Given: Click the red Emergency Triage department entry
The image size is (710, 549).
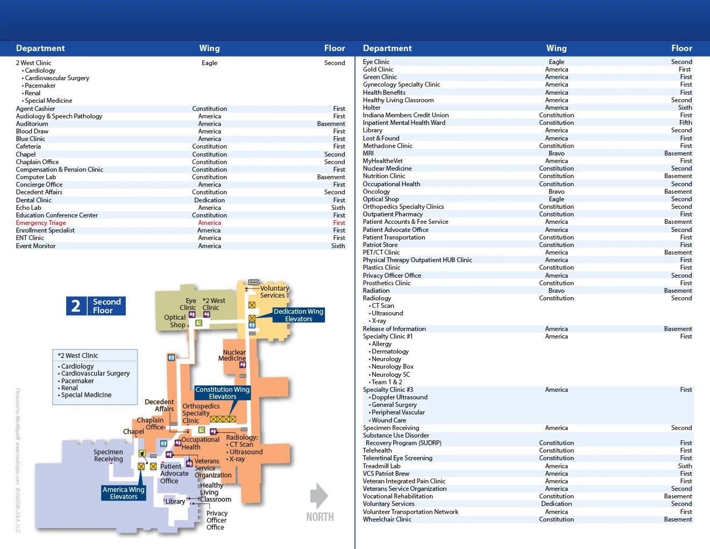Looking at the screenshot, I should tap(41, 223).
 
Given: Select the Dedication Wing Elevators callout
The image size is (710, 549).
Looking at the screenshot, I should tap(298, 315).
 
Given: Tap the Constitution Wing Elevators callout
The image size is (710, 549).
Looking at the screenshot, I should tap(222, 393).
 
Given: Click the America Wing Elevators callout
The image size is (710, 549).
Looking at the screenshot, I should tap(124, 493).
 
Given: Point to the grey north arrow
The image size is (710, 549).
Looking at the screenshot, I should tap(319, 496).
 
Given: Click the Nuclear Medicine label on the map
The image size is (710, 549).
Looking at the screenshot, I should tap(232, 355).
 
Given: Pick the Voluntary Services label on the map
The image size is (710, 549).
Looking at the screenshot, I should tap(274, 292).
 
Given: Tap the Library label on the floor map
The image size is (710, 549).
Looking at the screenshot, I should tap(175, 501).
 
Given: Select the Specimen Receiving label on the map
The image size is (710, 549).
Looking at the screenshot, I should tap(108, 455).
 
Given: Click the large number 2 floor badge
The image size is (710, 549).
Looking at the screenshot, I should tap(76, 306).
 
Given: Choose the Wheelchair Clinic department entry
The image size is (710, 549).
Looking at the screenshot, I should tap(387, 519).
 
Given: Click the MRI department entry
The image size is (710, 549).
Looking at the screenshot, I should tap(368, 153).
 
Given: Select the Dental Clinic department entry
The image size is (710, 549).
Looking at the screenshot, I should tap(34, 200).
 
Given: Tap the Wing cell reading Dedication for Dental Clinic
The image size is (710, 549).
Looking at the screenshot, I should tap(209, 200).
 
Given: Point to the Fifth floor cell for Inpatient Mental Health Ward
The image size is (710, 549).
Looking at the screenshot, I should tap(685, 123).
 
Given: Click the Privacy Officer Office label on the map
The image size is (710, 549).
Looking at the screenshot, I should tap(217, 520).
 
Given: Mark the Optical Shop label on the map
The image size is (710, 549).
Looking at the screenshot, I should tap(175, 321).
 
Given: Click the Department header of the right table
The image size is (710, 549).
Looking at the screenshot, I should tap(387, 48).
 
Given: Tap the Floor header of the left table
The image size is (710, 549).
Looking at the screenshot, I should tap(334, 48).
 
